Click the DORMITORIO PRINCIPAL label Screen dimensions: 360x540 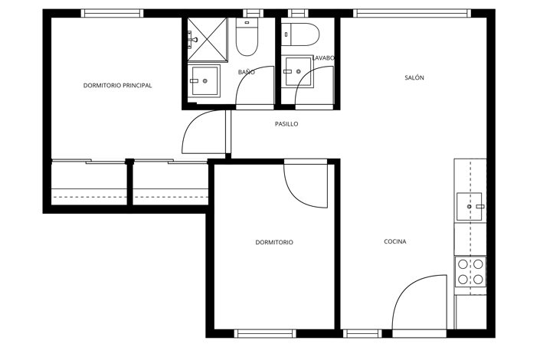click(117, 86)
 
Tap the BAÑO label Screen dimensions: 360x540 click(246, 72)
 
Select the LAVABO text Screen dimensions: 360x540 click(323, 58)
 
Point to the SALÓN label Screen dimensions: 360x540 click(414, 77)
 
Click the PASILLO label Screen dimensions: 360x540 click(286, 124)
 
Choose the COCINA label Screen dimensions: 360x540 click(395, 242)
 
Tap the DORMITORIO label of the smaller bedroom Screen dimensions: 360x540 click(274, 242)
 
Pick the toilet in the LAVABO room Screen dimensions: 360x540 click(300, 34)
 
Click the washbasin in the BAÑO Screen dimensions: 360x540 click(205, 80)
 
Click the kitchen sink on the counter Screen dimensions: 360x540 click(470, 207)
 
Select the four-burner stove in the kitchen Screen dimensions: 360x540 click(470, 271)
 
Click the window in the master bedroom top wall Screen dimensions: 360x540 click(113, 13)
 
